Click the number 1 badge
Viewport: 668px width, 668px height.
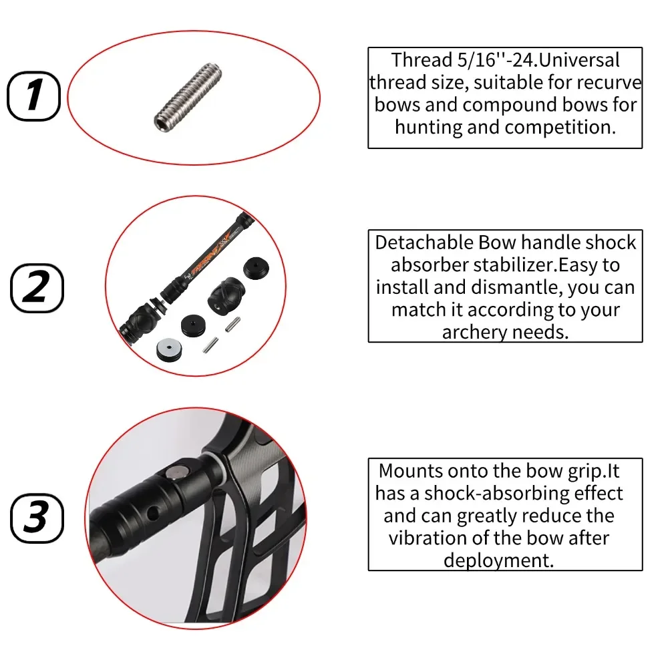pos(33,96)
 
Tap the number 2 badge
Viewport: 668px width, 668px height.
pos(37,288)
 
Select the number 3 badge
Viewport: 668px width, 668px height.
pos(37,518)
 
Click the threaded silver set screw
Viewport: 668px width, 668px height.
pos(188,97)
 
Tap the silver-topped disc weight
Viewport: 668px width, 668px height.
pos(169,349)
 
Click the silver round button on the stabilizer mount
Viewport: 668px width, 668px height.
pos(177,472)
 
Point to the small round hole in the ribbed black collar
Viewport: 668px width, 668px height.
pos(152,513)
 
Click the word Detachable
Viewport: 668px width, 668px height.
pos(424,242)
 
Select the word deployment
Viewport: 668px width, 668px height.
pos(498,561)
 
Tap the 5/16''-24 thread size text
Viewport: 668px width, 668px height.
pos(498,60)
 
